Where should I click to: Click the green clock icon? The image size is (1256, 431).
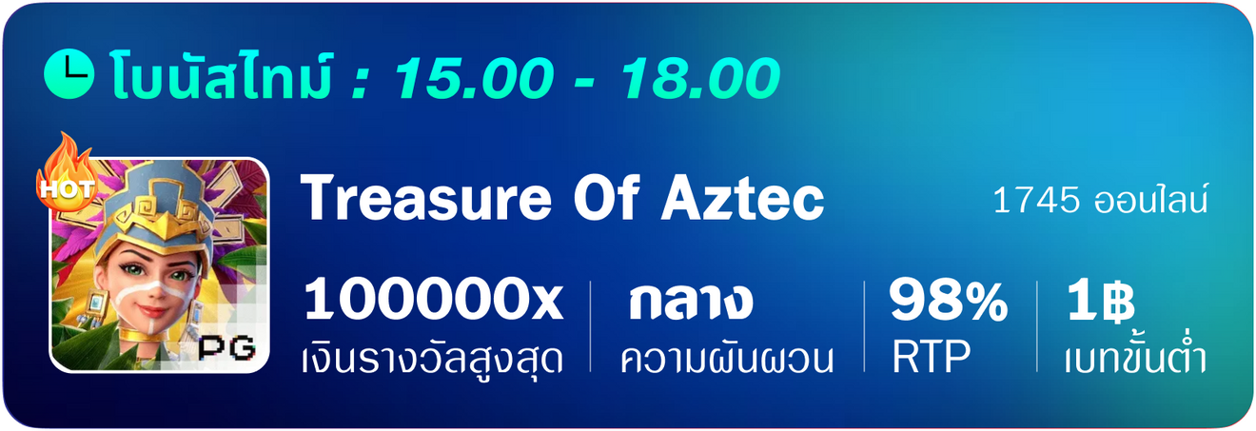[69, 74]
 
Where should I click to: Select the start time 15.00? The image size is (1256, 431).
[474, 78]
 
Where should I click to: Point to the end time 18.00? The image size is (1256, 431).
[699, 78]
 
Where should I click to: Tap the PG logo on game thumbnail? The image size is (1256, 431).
[226, 348]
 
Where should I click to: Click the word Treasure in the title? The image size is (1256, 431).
[426, 199]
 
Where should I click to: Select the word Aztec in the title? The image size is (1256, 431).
[743, 199]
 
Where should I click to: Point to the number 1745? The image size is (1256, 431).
[1035, 200]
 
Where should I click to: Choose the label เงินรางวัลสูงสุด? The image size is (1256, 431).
[432, 358]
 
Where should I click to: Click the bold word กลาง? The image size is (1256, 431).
[690, 302]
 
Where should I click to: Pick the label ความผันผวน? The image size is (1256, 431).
[727, 358]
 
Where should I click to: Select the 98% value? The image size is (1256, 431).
[948, 301]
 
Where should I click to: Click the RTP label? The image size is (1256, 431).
[931, 357]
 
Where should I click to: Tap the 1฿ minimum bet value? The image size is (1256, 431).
[1100, 301]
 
